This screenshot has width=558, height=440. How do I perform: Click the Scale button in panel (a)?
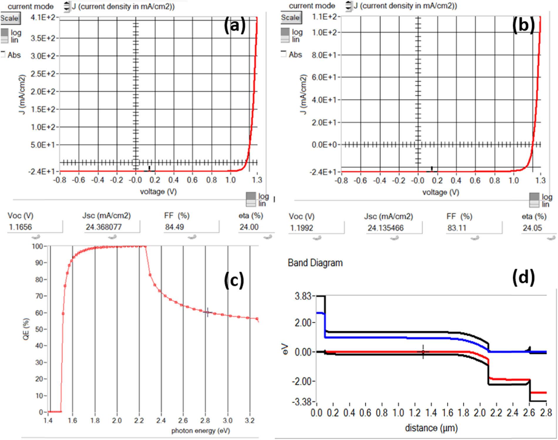click(10, 18)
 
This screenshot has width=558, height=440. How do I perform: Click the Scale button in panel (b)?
click(290, 18)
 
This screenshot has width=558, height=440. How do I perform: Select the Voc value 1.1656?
click(21, 227)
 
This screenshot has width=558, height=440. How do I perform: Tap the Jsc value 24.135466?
click(386, 228)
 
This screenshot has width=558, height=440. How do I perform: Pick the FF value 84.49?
click(174, 227)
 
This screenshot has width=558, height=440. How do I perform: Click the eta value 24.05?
click(532, 228)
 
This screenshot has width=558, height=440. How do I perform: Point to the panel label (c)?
click(234, 280)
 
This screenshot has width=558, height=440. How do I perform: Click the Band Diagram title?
click(315, 263)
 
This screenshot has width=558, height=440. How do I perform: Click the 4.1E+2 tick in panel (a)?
click(43, 17)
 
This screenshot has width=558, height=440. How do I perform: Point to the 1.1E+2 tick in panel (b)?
click(324, 17)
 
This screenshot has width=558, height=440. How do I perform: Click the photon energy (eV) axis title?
click(201, 431)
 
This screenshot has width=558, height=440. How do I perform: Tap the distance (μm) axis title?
click(431, 428)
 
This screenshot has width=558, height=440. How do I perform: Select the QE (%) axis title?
click(26, 329)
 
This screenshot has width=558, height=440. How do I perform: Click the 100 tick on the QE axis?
click(37, 246)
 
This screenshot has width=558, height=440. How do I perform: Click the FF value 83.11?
click(457, 228)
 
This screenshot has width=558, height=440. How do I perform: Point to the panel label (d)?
click(523, 277)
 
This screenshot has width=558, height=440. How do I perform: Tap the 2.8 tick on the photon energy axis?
click(205, 421)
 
